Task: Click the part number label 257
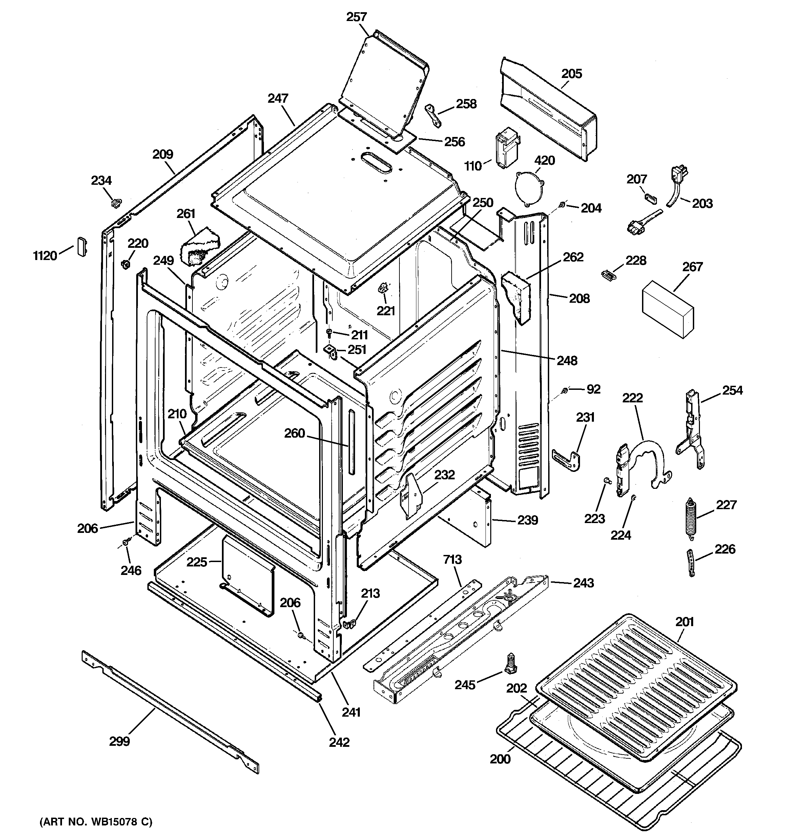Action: coord(356,17)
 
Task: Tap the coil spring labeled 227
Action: coord(691,518)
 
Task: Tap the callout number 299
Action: coord(119,741)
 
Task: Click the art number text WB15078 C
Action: coord(96,821)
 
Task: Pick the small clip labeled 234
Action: coord(115,204)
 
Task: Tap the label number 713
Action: coord(452,560)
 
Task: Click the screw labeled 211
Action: coord(330,334)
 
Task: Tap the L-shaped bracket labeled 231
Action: coord(567,460)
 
